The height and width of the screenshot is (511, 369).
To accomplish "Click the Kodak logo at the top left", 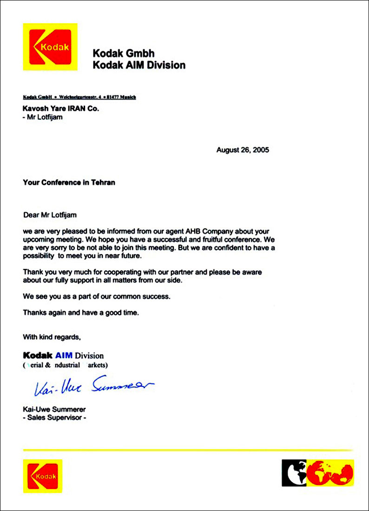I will (50, 47).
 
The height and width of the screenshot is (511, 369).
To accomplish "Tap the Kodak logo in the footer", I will (42, 476).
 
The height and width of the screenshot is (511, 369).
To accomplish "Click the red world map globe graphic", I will (333, 473).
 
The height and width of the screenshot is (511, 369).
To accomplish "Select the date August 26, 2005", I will (243, 150).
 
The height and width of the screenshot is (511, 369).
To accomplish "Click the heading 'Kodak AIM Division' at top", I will (139, 65).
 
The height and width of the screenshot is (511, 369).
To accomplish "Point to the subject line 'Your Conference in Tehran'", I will (69, 182).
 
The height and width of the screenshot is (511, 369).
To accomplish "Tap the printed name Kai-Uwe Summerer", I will (54, 410).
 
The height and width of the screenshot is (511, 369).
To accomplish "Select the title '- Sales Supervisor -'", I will (54, 418).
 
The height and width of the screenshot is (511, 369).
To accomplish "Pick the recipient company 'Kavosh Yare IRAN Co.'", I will (61, 108).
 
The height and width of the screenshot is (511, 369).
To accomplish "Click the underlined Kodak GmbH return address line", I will (79, 97).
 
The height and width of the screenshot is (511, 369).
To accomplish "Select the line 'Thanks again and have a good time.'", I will (81, 313).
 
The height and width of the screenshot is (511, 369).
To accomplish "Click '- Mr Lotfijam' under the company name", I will (43, 117).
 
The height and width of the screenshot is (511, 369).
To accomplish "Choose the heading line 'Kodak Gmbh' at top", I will (124, 54).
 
